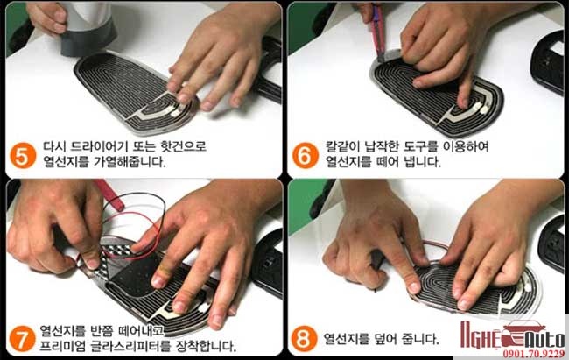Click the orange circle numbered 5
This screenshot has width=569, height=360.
[23, 156]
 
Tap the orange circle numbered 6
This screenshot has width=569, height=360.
[306, 156]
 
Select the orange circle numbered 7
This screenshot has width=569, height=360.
[23, 339]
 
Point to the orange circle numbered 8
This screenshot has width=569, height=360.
[304, 339]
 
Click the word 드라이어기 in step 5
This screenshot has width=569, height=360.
[98, 146]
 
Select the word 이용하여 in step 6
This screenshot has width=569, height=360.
[466, 146]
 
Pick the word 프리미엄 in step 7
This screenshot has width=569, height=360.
[62, 346]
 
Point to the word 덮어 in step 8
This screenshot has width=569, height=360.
[384, 339]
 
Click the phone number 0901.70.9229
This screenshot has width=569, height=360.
[533, 354]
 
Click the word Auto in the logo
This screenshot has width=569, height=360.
[545, 341]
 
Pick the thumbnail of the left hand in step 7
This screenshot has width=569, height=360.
[92, 264]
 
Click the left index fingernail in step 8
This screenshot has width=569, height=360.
[414, 288]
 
